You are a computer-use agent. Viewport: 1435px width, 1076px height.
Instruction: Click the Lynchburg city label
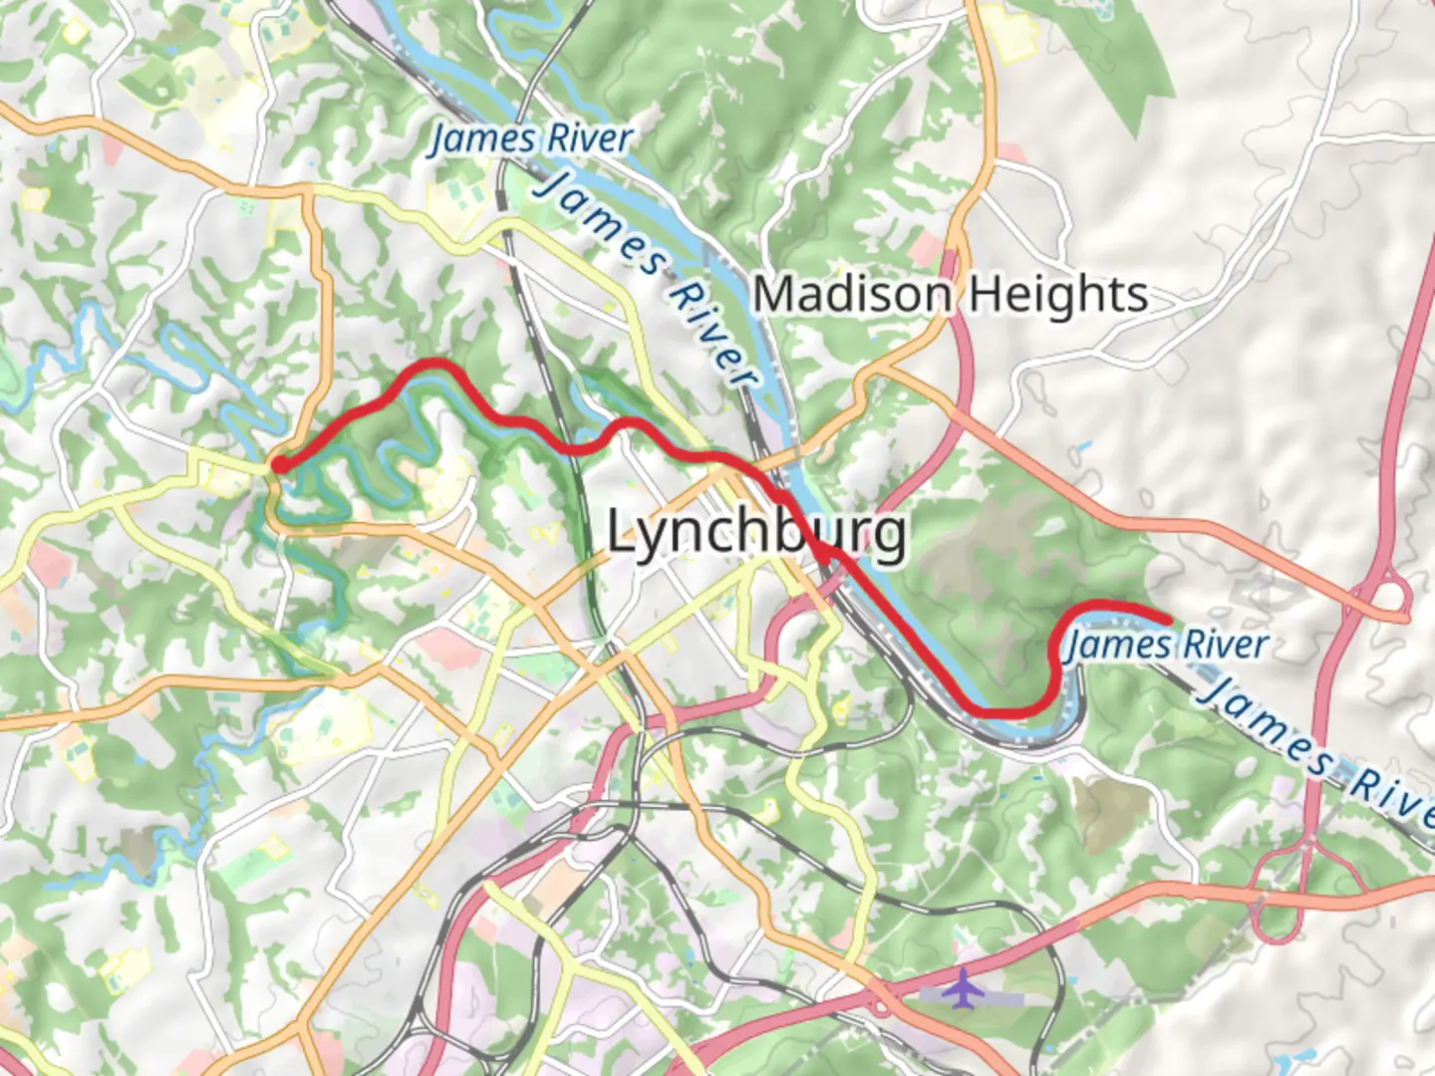tap(756, 532)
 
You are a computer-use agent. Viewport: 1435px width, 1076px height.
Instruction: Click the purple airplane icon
tap(962, 988)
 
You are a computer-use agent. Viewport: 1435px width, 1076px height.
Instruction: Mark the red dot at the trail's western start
tap(281, 464)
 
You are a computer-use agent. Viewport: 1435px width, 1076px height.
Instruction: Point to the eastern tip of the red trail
tap(1166, 621)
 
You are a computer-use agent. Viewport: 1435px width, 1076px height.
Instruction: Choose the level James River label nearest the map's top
tap(530, 138)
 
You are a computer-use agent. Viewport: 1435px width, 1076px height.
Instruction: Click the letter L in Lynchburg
tap(623, 530)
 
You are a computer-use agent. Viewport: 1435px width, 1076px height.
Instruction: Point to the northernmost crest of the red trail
tap(430, 365)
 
